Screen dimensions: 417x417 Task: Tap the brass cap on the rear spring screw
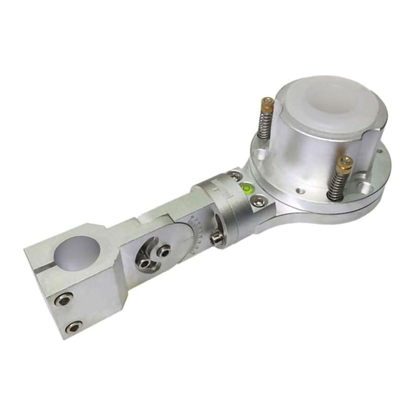[268, 105]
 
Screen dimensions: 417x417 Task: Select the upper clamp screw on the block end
[64, 299]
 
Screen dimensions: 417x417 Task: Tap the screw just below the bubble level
[258, 200]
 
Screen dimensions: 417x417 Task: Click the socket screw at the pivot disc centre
[164, 252]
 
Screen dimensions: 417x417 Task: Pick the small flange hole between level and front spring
[300, 191]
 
